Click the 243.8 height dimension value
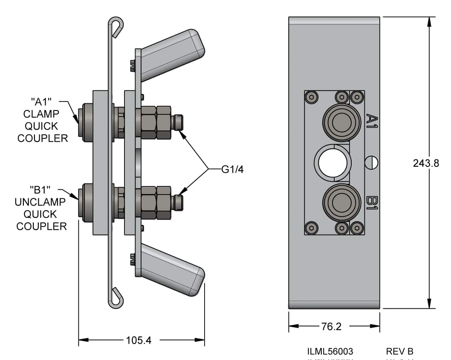point(426,163)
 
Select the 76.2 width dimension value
point(331,327)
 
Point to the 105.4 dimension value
point(139,340)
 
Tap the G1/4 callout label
point(232,169)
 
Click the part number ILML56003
point(330,352)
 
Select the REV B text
point(399,352)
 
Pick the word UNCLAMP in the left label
point(40,202)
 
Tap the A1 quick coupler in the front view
point(341,124)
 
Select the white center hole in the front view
point(333,163)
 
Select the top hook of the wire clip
point(116,26)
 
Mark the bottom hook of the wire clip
point(116,298)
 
